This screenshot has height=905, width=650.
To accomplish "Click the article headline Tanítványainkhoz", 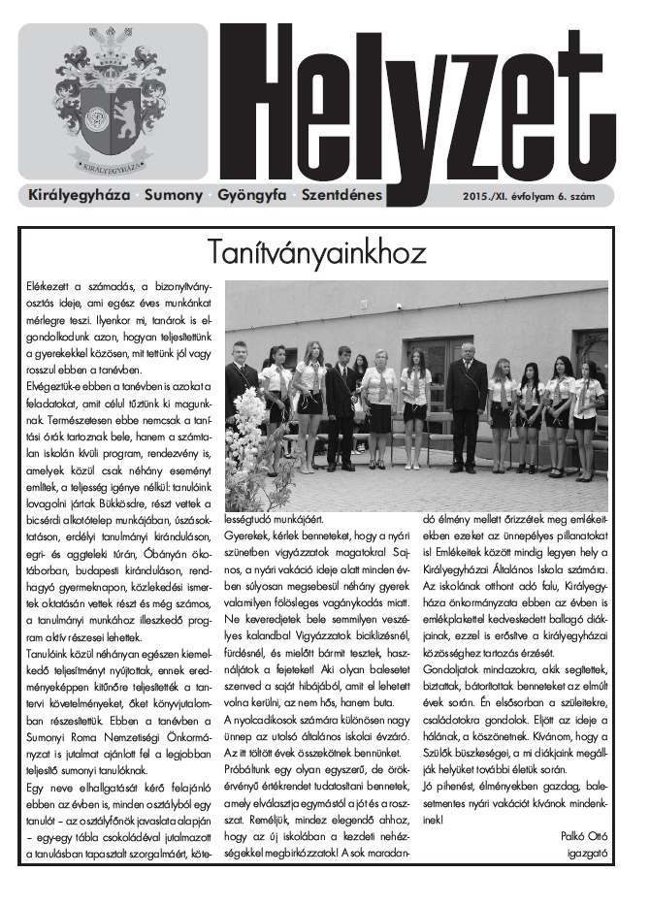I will tap(317, 253).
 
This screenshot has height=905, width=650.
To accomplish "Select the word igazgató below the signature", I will tap(586, 854).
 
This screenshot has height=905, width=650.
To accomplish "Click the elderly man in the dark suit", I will tap(468, 393).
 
